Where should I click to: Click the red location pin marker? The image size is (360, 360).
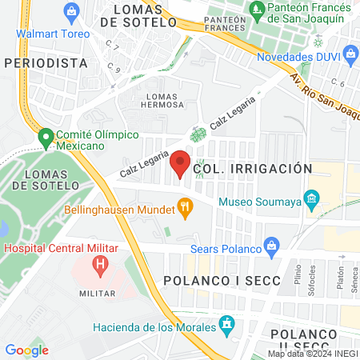coord(180,163)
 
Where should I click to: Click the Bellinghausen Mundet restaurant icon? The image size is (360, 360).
coord(186,210)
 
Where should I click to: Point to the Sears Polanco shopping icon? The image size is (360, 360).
coord(273,243)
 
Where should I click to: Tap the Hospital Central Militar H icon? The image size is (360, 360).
coord(100,263)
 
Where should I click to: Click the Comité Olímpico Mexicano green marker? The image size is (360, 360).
coord(45,138)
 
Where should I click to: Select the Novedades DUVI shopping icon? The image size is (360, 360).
coord(350,54)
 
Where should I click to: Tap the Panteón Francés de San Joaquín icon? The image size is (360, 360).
coord(257,11)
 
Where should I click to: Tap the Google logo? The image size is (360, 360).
coord(26,350)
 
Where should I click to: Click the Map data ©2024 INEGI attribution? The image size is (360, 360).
coord(312,354)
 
